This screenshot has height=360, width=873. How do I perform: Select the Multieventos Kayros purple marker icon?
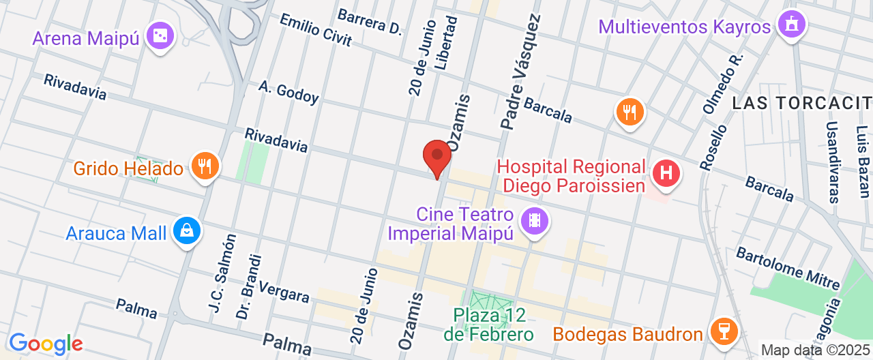[x=791, y=25]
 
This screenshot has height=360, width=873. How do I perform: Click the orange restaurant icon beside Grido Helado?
[x=204, y=166]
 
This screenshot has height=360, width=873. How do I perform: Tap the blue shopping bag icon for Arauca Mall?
[x=186, y=232]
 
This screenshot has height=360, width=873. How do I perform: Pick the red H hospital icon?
[x=666, y=173]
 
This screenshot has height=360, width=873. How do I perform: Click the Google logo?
[x=46, y=344]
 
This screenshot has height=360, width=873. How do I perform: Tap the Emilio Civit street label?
[x=316, y=30]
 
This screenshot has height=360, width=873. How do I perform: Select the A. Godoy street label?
[x=288, y=92]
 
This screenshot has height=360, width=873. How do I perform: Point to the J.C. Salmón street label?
[x=222, y=275]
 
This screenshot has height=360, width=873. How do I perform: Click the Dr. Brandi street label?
[x=248, y=286]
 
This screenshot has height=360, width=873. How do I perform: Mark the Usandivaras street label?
[x=832, y=162]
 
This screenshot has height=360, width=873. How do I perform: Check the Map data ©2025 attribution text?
[x=816, y=350]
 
